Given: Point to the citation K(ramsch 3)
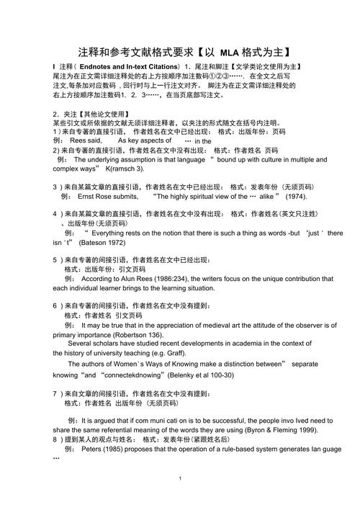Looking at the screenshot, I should coord(125,168).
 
